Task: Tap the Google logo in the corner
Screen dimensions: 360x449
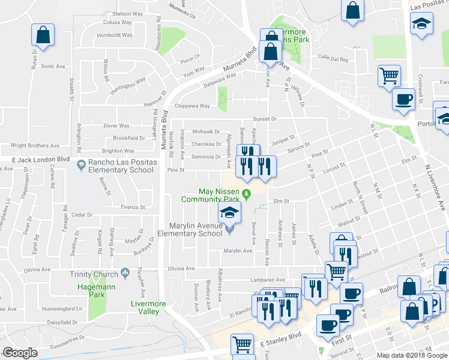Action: pos(20,353)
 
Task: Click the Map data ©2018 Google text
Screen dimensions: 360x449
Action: pos(412,355)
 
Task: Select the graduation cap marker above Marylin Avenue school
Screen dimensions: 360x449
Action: pos(229,212)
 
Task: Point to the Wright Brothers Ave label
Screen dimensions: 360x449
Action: pos(35,145)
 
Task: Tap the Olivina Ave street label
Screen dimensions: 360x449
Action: pos(181,269)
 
